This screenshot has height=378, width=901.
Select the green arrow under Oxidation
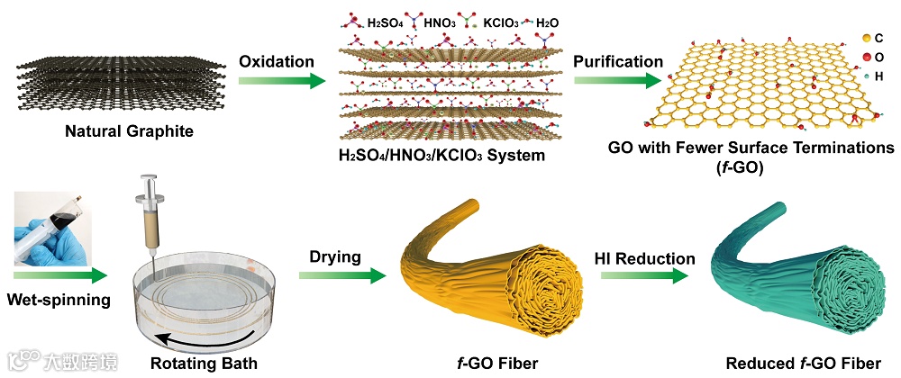280,80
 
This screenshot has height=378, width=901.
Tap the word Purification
617,61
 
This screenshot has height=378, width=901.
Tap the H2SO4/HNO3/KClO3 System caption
442,155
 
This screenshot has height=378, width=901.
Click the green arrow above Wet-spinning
59,273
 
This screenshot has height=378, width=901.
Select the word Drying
337,257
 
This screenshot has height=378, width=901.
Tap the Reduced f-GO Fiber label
803,364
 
